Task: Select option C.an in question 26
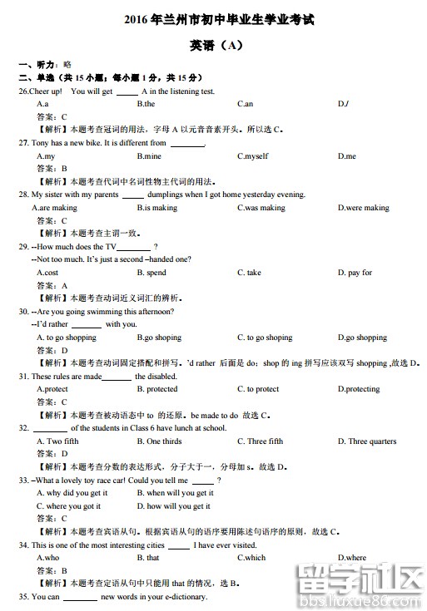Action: click(245, 104)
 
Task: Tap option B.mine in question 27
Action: click(149, 156)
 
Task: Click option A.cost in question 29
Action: click(47, 273)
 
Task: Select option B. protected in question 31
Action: click(157, 389)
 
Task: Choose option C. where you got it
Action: click(68, 505)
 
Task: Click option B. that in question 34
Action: click(148, 558)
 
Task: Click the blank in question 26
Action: click(127, 91)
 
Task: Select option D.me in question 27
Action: click(346, 156)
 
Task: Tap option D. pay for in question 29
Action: click(355, 273)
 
